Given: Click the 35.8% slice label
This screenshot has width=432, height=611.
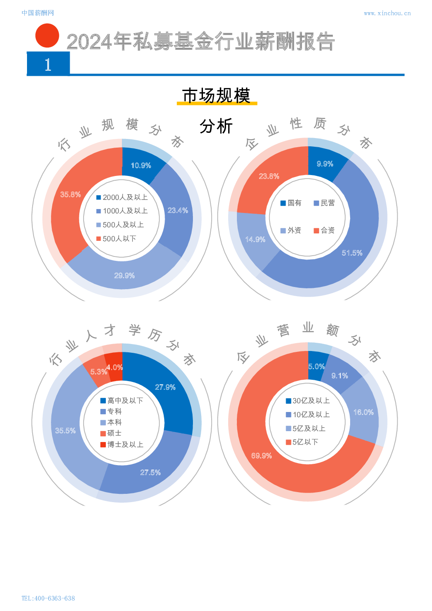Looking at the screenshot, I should (x=71, y=195).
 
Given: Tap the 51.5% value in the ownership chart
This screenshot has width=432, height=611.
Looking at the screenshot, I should (x=352, y=253).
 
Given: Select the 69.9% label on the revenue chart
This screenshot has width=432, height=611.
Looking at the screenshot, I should (x=261, y=456).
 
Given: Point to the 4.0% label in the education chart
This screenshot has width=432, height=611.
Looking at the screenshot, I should (x=115, y=368).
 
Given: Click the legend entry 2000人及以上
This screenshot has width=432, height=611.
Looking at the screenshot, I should (x=122, y=197).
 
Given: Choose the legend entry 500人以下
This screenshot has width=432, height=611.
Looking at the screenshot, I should (x=116, y=239).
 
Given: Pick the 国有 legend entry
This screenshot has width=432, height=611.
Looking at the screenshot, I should (x=291, y=203).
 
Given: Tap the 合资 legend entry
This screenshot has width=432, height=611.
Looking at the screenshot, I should (x=324, y=230).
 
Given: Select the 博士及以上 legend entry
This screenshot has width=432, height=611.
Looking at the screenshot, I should (x=121, y=445).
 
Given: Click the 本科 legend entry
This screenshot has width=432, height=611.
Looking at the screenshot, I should (x=111, y=422).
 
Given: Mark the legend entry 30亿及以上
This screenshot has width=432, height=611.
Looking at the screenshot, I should (x=307, y=401).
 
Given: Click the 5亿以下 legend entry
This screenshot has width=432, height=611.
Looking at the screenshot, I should (x=302, y=442).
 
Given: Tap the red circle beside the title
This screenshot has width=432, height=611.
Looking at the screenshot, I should (x=47, y=36).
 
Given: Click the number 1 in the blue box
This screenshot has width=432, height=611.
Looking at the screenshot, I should (x=48, y=64).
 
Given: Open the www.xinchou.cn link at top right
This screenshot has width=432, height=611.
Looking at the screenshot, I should (x=387, y=14).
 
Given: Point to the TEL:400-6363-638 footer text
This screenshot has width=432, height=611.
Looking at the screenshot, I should (x=48, y=598).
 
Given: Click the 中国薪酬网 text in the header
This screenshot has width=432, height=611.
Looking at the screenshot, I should (x=37, y=13).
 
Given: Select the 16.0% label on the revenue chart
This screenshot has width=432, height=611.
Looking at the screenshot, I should (x=364, y=412).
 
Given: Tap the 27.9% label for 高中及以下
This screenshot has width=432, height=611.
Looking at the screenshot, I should (x=165, y=387).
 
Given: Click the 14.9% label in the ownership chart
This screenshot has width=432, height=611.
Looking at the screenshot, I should (x=255, y=240).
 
